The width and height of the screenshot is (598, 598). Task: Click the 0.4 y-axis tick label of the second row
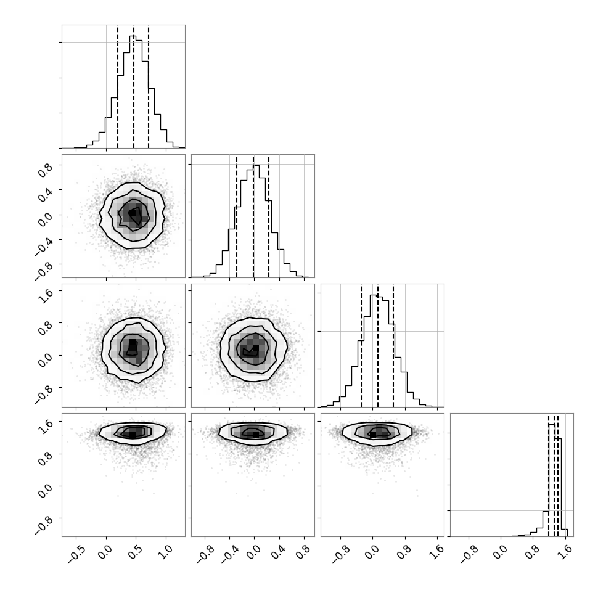tap(44, 194)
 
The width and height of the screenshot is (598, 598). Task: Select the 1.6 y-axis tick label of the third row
tap(44, 295)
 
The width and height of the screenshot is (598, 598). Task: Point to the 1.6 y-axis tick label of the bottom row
tap(44, 425)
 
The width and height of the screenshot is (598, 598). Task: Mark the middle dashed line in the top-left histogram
tap(134, 87)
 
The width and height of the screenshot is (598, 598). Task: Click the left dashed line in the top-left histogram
tap(118, 87)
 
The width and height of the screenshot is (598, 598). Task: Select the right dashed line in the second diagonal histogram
tap(269, 216)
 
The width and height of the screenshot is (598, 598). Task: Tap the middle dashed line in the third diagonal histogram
tap(377, 346)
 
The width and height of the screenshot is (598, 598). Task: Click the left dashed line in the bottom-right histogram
tap(549, 475)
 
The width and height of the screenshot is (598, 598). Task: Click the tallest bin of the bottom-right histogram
tap(552, 480)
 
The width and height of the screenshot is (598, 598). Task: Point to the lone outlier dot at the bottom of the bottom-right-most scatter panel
tap(417, 496)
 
